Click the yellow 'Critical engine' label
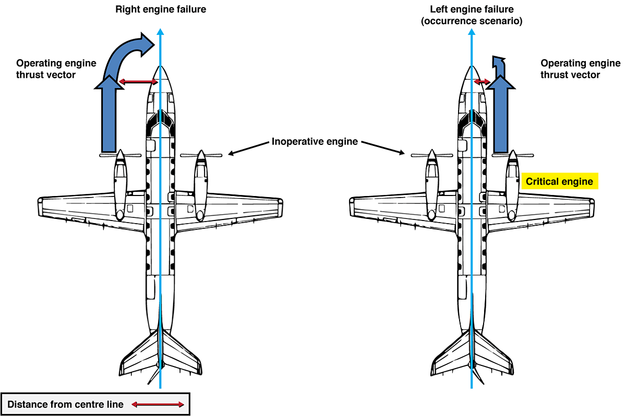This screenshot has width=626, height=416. (559, 181)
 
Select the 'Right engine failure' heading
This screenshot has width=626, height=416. (161, 9)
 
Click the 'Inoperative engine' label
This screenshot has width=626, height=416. (315, 142)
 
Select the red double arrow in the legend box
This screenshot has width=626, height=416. (158, 405)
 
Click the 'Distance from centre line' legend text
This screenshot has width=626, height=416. (66, 405)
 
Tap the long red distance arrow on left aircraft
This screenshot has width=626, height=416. (138, 82)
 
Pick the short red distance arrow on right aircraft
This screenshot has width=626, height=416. (482, 82)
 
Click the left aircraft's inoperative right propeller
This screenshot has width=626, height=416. (201, 155)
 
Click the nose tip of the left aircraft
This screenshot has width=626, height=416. (161, 69)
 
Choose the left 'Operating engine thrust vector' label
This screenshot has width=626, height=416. (56, 69)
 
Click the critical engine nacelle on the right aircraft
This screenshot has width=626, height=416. (512, 182)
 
